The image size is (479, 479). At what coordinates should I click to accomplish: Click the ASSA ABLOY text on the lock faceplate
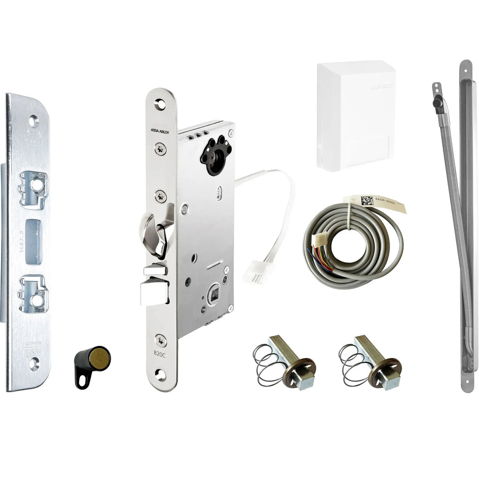click(159, 130)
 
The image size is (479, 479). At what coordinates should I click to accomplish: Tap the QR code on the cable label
click(367, 201)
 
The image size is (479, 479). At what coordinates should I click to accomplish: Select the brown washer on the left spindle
click(299, 370)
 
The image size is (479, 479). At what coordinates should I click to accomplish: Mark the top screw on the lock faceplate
click(160, 149)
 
